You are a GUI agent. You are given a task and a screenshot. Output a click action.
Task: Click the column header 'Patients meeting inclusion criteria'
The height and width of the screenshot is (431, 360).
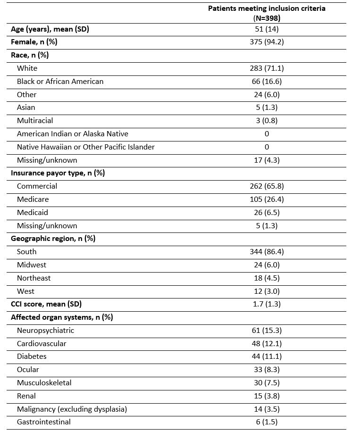(x=267, y=8)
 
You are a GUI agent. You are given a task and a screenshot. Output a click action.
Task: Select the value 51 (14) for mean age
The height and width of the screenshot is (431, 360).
(x=267, y=29)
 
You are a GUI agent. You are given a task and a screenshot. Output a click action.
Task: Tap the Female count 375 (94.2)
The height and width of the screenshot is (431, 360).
(x=267, y=42)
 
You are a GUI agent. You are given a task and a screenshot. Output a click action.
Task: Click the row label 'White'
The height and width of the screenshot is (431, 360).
(x=27, y=68)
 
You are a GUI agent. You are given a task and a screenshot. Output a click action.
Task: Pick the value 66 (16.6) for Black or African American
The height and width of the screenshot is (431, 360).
(x=267, y=82)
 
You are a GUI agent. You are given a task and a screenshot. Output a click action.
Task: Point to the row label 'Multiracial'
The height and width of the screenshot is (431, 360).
(x=35, y=121)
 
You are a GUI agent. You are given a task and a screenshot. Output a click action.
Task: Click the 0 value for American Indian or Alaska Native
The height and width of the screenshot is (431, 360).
(x=267, y=134)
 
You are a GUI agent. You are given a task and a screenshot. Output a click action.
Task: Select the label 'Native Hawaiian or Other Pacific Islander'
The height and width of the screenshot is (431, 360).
(x=85, y=147)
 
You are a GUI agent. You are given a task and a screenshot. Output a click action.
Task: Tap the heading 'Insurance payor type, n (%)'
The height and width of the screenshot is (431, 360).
(x=58, y=173)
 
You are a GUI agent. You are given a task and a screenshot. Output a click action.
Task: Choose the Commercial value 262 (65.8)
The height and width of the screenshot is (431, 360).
(x=267, y=186)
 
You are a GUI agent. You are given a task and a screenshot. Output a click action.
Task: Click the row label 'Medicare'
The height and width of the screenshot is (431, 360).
(x=33, y=199)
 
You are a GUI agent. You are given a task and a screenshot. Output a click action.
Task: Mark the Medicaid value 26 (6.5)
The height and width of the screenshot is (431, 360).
(x=267, y=213)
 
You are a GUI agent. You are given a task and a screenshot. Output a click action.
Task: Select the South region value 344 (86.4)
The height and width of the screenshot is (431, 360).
(x=267, y=252)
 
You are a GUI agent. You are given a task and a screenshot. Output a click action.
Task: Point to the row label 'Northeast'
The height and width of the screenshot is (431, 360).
(x=33, y=278)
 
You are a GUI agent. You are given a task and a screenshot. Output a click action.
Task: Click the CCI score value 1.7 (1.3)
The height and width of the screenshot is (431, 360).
(x=267, y=304)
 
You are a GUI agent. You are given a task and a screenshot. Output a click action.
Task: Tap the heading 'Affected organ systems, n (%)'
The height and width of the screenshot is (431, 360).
(x=62, y=317)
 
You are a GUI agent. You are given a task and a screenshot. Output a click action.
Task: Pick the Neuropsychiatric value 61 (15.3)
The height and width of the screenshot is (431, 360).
(x=267, y=331)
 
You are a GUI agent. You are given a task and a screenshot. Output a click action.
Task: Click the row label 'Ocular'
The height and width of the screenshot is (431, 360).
(x=28, y=370)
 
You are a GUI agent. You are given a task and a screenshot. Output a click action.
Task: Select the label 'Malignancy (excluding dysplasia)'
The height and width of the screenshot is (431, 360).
(x=72, y=409)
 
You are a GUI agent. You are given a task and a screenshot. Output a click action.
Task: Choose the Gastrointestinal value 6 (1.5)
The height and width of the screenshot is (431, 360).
(x=267, y=422)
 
